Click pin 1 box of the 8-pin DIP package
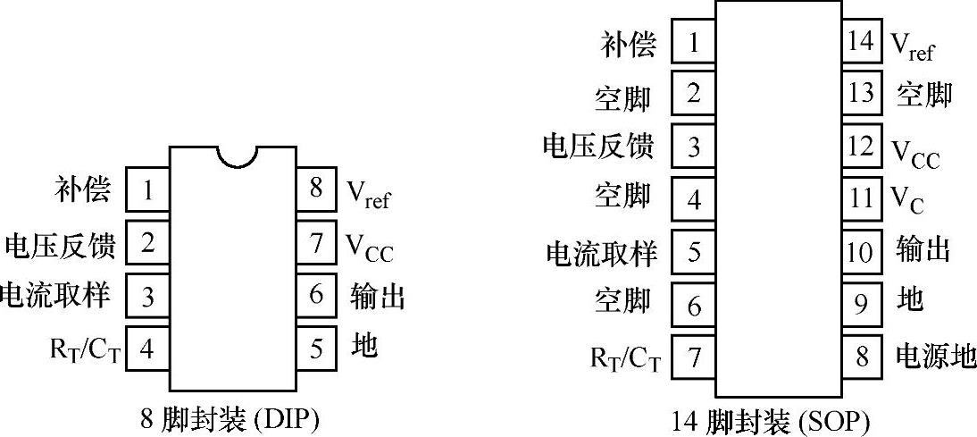pyautogui.click(x=147, y=189)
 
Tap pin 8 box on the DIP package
pyautogui.click(x=316, y=189)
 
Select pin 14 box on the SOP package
pyautogui.click(x=861, y=43)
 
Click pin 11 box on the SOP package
pyautogui.click(x=861, y=197)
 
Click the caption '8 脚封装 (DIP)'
pyautogui.click(x=230, y=418)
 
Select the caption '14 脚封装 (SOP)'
pyautogui.click(x=770, y=420)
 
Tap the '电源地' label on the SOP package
pyautogui.click(x=935, y=357)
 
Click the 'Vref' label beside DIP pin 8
pyautogui.click(x=368, y=193)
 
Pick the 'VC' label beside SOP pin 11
pyautogui.click(x=907, y=199)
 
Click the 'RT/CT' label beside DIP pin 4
pyautogui.click(x=86, y=348)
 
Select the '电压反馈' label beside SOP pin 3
pyautogui.click(x=598, y=145)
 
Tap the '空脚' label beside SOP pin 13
pyautogui.click(x=924, y=95)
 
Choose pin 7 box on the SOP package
pyautogui.click(x=694, y=357)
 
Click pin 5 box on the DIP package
pyautogui.click(x=316, y=348)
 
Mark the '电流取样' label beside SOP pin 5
pyautogui.click(x=600, y=254)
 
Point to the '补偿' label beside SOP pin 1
pyautogui.click(x=628, y=44)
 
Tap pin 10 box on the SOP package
pyautogui.click(x=861, y=252)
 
